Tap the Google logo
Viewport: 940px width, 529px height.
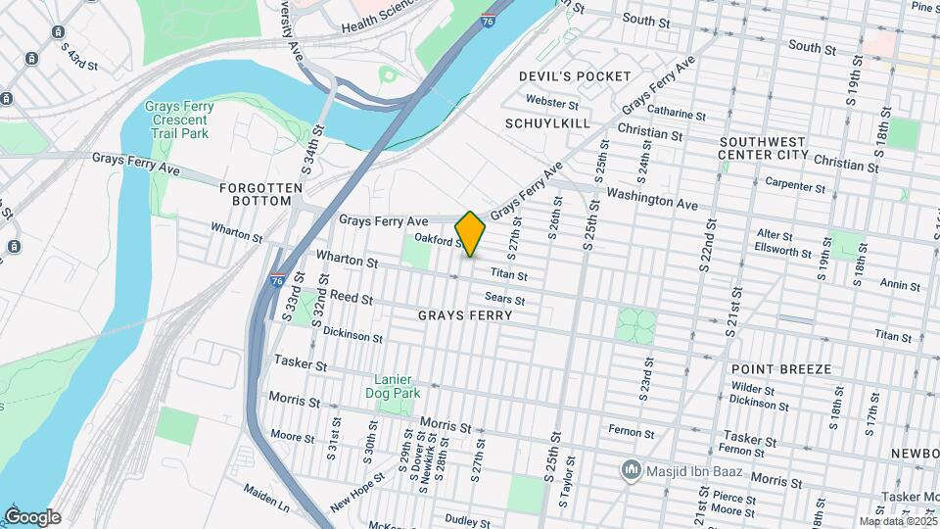click(32, 517)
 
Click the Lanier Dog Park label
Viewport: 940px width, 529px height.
click(398, 386)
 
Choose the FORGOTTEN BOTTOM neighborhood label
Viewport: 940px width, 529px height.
click(256, 193)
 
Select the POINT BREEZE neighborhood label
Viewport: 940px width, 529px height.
click(780, 369)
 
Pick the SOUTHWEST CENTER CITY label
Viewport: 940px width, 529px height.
click(763, 148)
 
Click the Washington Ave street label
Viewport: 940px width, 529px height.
click(652, 200)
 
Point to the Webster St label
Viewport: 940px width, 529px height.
click(546, 100)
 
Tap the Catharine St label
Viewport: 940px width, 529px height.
click(677, 115)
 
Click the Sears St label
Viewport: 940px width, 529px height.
click(505, 300)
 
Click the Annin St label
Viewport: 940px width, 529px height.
click(900, 285)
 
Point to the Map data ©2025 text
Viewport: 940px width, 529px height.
click(896, 521)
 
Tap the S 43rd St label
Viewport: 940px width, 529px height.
click(79, 56)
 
